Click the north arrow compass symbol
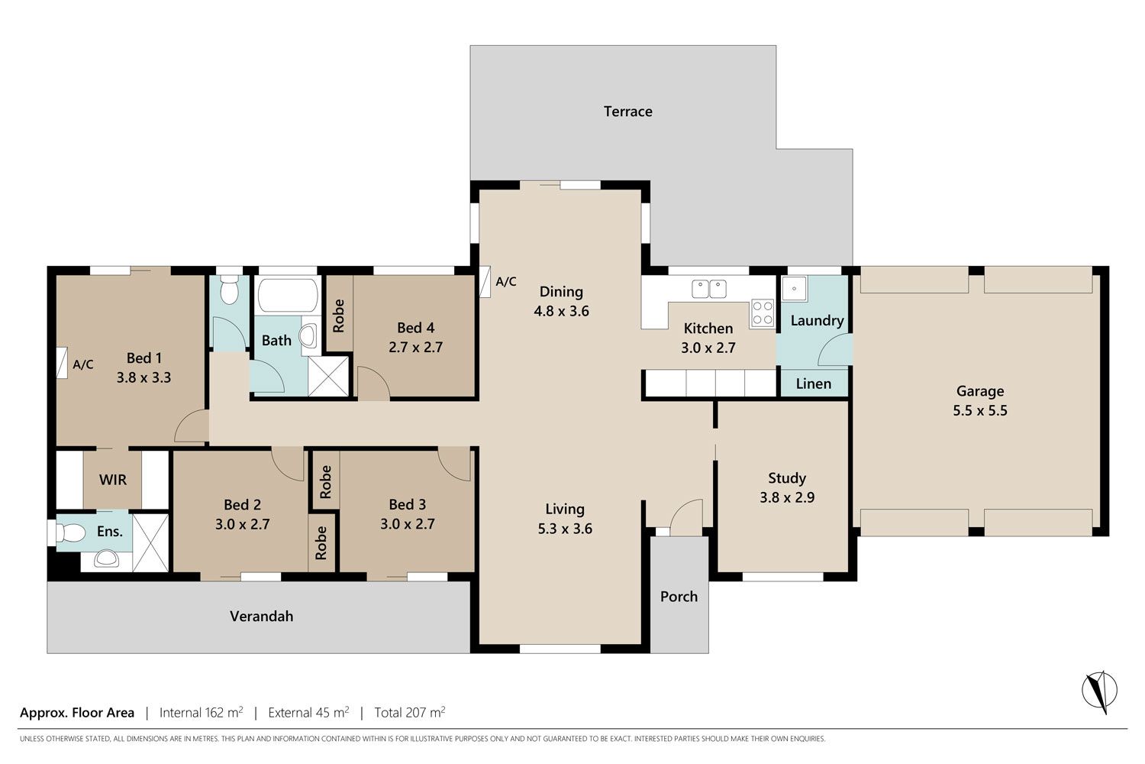click(1099, 691)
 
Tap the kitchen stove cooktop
click(762, 313)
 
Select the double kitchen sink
click(709, 289)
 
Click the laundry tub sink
click(795, 289)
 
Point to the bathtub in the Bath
click(287, 295)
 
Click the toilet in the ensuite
click(69, 533)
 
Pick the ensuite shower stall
click(150, 542)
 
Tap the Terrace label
click(627, 112)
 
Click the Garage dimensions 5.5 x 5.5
click(980, 410)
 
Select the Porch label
click(679, 597)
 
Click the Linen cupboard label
click(813, 384)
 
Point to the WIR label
click(112, 480)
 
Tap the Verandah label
click(261, 616)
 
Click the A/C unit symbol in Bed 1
click(62, 363)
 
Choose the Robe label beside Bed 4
click(338, 316)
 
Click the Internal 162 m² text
click(201, 712)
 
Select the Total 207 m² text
click(409, 712)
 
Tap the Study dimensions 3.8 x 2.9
click(787, 497)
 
